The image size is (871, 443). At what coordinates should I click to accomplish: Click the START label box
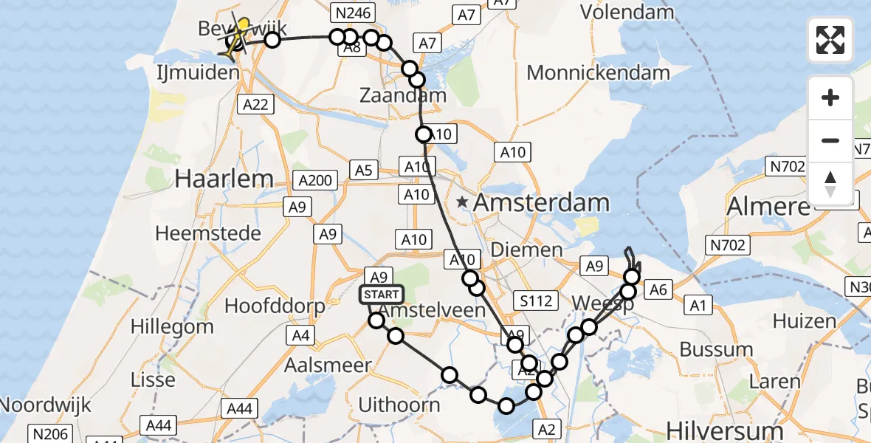click(x=382, y=295)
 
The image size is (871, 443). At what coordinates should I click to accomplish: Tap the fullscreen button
click(x=830, y=40)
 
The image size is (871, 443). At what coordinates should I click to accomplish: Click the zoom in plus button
click(x=830, y=97)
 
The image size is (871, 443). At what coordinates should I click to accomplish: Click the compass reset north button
click(x=830, y=183)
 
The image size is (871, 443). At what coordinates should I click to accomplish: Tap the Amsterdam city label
click(x=542, y=202)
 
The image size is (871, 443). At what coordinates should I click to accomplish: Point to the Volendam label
click(x=627, y=12)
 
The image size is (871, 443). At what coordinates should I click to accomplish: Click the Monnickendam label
click(x=599, y=72)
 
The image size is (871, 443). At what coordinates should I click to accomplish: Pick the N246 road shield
click(x=353, y=12)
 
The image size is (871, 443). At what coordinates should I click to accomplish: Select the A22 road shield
click(x=255, y=105)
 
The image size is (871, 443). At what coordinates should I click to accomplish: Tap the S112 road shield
click(x=534, y=301)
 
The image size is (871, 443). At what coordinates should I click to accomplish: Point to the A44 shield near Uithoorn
click(x=239, y=408)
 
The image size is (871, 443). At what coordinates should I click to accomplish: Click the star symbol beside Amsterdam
click(x=463, y=202)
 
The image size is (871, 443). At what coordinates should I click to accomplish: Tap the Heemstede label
click(x=208, y=233)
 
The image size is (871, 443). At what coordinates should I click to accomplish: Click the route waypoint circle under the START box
click(x=376, y=320)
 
